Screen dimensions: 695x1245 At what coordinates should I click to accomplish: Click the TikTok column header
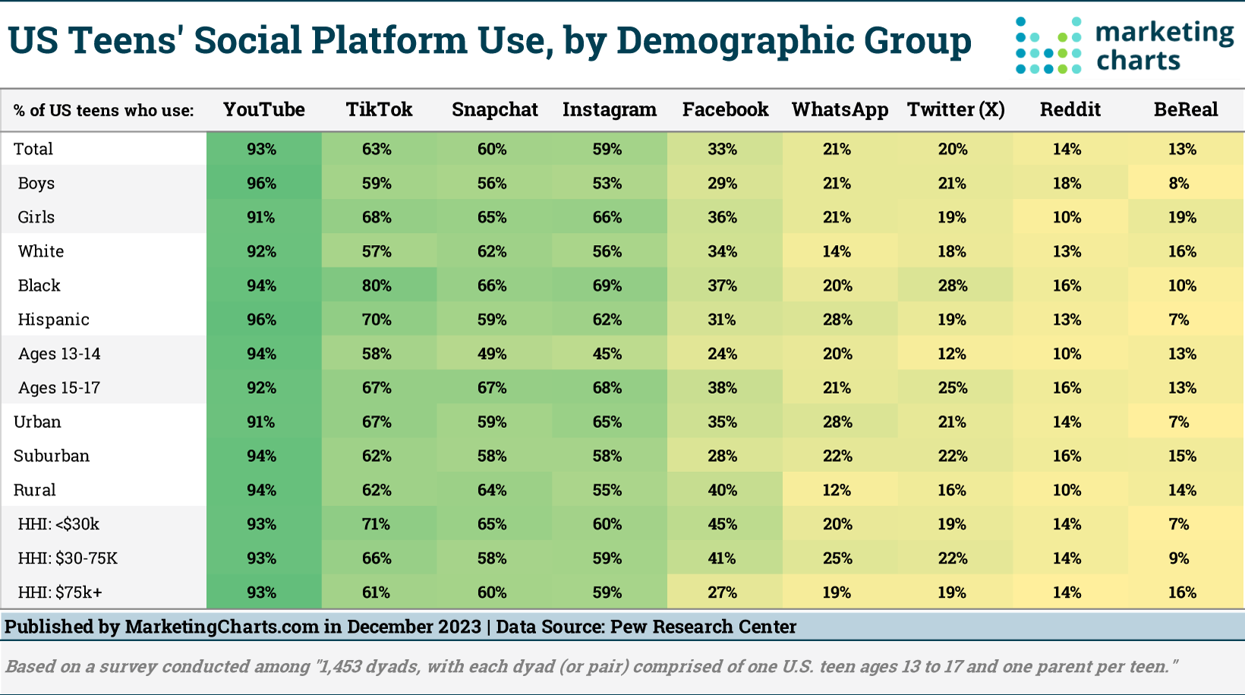[x=379, y=109]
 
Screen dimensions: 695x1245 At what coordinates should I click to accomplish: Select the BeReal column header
[x=1185, y=109]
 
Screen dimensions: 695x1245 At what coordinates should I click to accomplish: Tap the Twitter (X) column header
[x=955, y=109]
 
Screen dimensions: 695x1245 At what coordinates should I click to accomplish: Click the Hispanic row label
[x=53, y=319]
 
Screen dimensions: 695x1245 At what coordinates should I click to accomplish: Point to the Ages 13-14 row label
[x=59, y=354]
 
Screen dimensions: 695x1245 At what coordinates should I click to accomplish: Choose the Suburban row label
[x=52, y=456]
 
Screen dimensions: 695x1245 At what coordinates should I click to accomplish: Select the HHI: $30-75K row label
[x=68, y=558]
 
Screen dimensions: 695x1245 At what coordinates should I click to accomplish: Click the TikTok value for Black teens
[x=377, y=285]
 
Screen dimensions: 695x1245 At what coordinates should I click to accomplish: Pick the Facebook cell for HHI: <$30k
[x=722, y=524]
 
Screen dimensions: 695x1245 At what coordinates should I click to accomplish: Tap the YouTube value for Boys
[x=261, y=183]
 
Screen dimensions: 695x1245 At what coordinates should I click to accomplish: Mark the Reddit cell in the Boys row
[x=1067, y=183]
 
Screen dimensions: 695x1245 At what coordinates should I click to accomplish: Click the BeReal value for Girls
[x=1182, y=217]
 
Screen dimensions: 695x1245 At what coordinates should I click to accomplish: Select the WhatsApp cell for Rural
[x=837, y=490]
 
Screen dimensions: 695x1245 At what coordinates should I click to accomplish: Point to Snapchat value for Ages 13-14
[x=492, y=354]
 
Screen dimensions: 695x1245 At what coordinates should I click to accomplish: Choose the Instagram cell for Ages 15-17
[x=607, y=388]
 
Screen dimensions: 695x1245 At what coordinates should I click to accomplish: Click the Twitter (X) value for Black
[x=952, y=285]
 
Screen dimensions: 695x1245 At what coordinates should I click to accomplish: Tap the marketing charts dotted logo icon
[x=1048, y=46]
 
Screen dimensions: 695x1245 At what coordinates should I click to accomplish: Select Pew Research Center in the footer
[x=703, y=627]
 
